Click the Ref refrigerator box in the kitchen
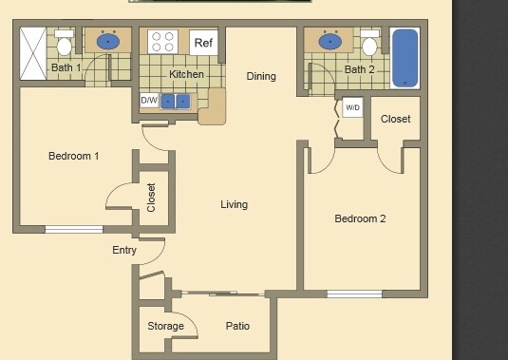[x=203, y=43]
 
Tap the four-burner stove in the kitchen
[x=162, y=43]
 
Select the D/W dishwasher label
[x=149, y=100]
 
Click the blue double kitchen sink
[x=176, y=101]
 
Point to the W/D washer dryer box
[x=352, y=107]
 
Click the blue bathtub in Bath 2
[x=405, y=58]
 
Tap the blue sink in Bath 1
[x=106, y=41]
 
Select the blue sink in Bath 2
[x=331, y=42]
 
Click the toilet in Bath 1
[x=65, y=45]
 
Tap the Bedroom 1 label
[x=73, y=156]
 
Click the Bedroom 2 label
[x=360, y=218]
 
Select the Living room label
[x=234, y=204]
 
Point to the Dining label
[x=261, y=77]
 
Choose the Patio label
[x=237, y=326]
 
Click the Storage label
[x=165, y=327]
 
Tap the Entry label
[x=124, y=251]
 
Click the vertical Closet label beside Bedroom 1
[x=152, y=197]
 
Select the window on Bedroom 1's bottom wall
[x=74, y=229]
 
